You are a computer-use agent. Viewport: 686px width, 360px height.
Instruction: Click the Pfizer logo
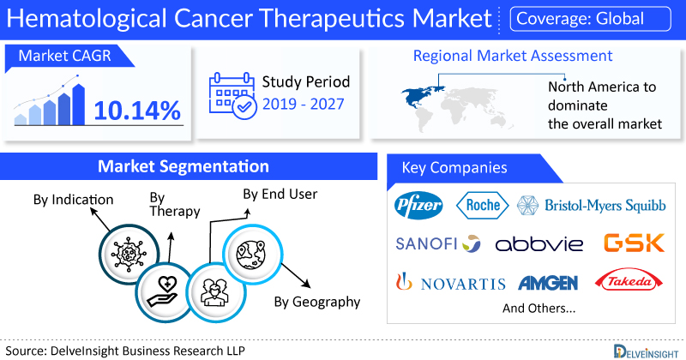pos(418,205)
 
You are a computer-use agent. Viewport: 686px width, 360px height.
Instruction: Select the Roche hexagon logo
pos(483,205)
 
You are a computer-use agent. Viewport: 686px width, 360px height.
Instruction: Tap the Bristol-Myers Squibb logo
pos(592,205)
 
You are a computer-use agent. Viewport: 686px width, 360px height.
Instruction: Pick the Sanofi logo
pos(438,243)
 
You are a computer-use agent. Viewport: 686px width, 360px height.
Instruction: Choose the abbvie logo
pos(539,243)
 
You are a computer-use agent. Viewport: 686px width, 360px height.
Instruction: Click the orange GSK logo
pos(634,243)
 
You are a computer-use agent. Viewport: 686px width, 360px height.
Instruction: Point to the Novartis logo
pos(451,282)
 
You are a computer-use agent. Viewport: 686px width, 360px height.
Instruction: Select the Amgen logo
pos(548,283)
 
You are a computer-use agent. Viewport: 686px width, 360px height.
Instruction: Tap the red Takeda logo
pos(629,280)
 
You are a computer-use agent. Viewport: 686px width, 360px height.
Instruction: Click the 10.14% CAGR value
pos(137,111)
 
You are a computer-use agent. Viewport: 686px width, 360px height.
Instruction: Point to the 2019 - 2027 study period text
pos(304,104)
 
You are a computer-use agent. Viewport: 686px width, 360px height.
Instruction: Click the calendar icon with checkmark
pos(232,96)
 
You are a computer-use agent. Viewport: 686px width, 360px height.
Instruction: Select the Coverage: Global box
pos(590,19)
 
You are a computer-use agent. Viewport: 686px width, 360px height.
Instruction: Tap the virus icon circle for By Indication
pos(129,254)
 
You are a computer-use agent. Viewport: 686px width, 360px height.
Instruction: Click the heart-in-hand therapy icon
pos(164,291)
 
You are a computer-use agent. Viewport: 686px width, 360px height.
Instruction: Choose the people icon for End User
pos(216,292)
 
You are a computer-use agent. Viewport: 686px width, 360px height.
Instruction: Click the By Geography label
pos(317,302)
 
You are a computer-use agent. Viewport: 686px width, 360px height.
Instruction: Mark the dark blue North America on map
pos(421,96)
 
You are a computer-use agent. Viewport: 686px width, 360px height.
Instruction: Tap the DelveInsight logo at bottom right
pos(646,351)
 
